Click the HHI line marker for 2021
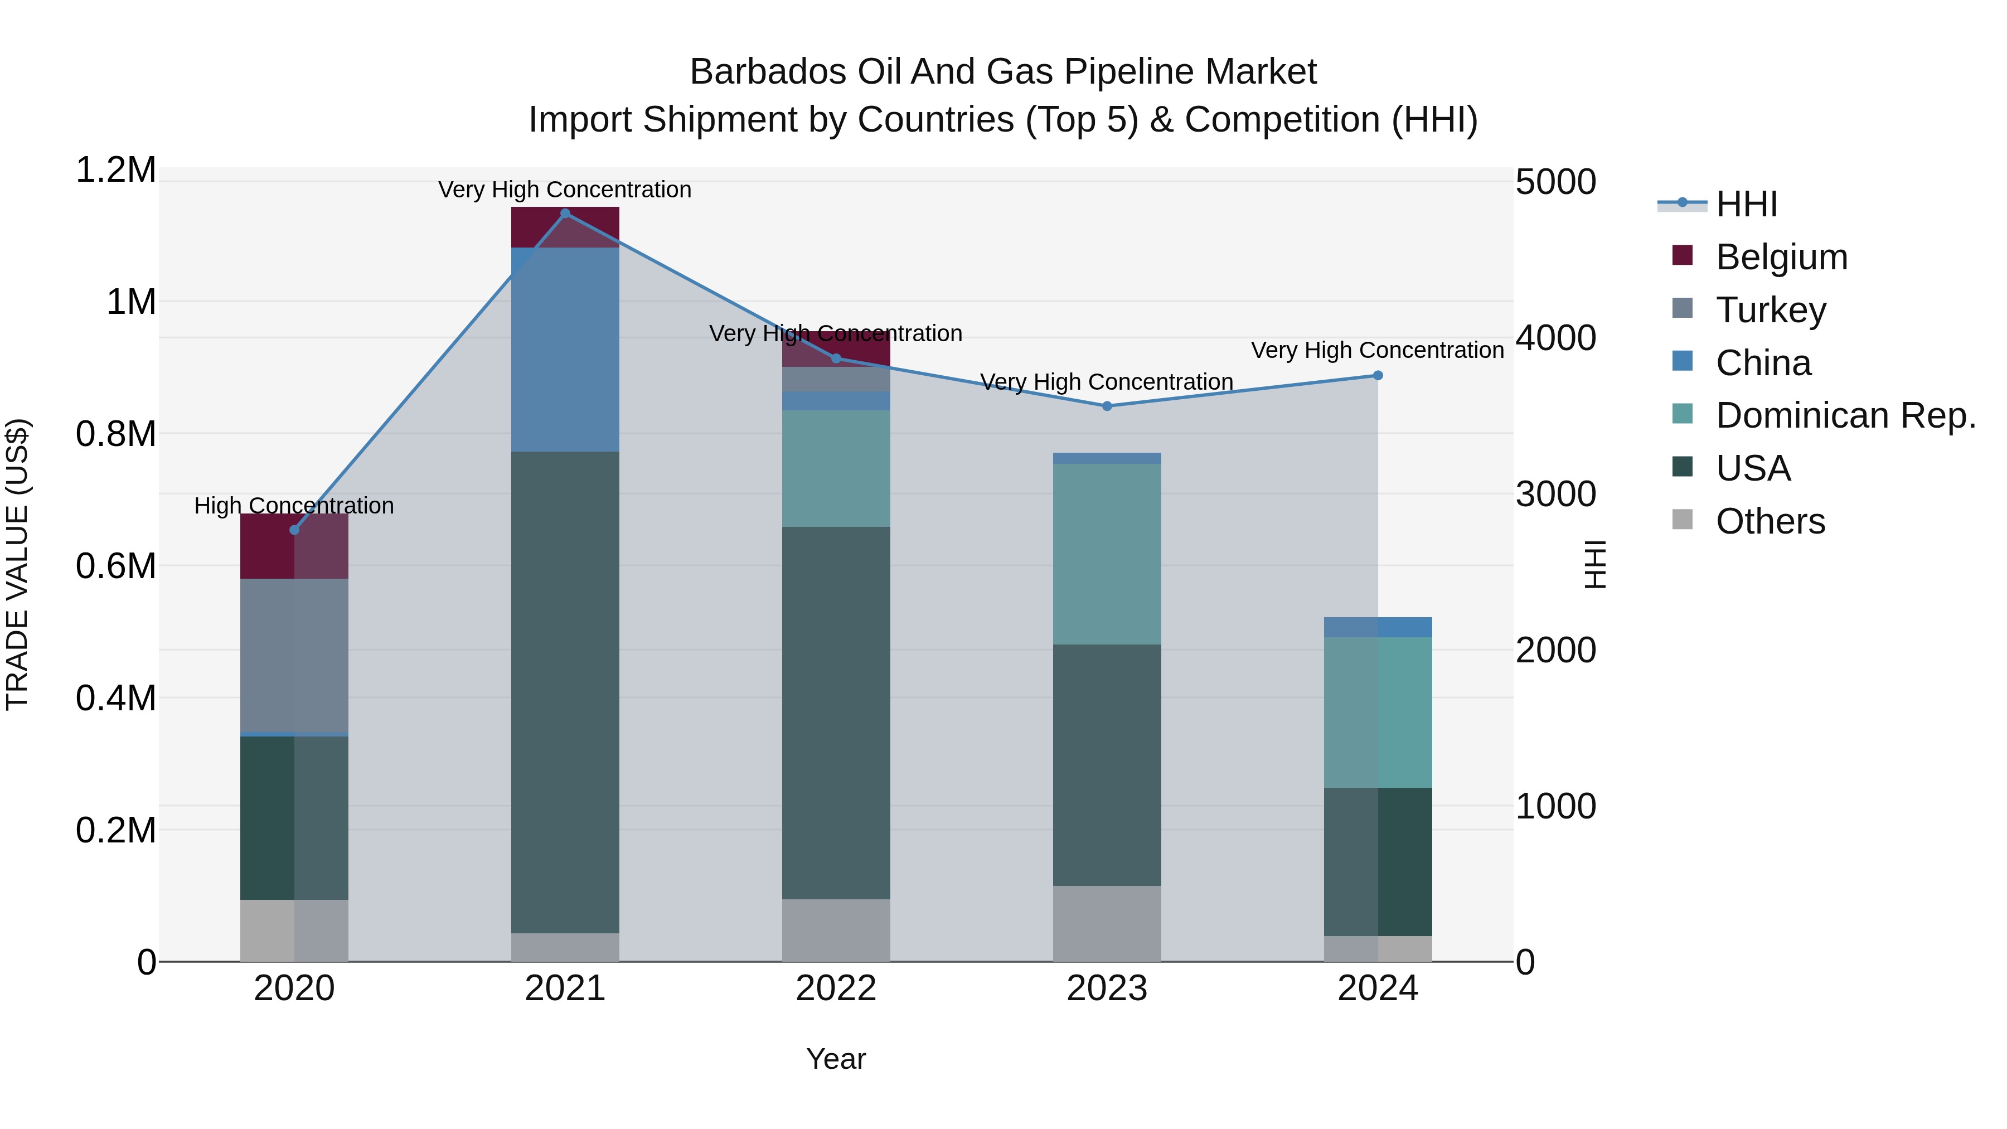tap(565, 214)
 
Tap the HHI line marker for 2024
tap(1378, 376)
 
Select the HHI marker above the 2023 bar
tap(1107, 406)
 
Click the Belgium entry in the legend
tap(1781, 257)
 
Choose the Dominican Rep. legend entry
tap(1845, 415)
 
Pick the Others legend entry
tap(1770, 521)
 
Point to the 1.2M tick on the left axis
tap(116, 170)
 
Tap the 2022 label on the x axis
tap(836, 989)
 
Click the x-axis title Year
tap(836, 1059)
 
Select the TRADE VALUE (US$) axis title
tap(17, 564)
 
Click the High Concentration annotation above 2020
tap(294, 506)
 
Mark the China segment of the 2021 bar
tap(565, 349)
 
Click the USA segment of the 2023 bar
tap(1107, 764)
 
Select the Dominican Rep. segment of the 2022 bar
tap(836, 468)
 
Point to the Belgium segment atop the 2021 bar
tap(565, 227)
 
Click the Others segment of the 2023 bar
tap(1107, 923)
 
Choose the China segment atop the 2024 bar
tap(1378, 627)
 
